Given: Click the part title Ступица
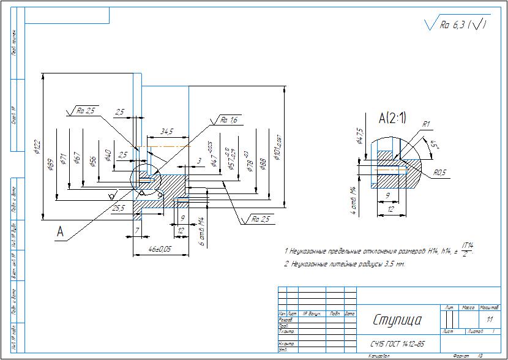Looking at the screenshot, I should pyautogui.click(x=397, y=320).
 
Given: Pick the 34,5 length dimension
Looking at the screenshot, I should pyautogui.click(x=166, y=132).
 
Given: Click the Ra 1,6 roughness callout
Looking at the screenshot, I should pyautogui.click(x=229, y=120).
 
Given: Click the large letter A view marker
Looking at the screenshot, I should pyautogui.click(x=60, y=231).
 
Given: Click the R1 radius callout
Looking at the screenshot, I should pyautogui.click(x=426, y=124).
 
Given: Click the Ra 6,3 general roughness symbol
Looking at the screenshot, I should pyautogui.click(x=457, y=24).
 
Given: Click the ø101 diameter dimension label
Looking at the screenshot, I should pyautogui.click(x=277, y=148).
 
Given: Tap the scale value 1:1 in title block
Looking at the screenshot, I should pyautogui.click(x=488, y=320).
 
